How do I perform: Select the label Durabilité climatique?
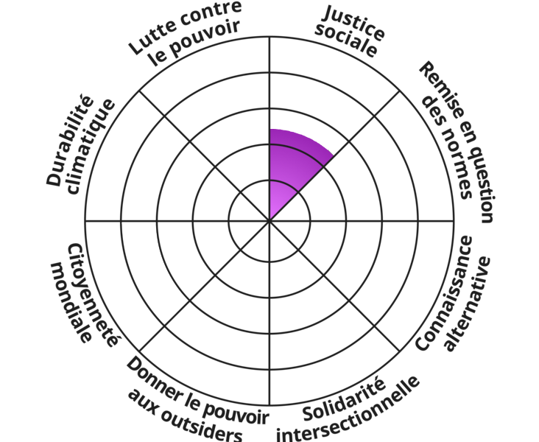[81, 144]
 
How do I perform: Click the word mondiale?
[70, 302]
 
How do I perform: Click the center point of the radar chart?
[269, 220]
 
